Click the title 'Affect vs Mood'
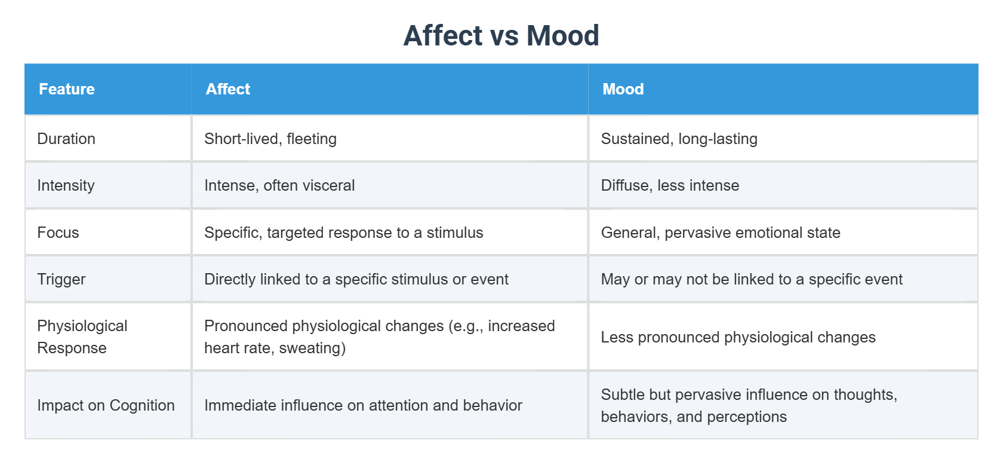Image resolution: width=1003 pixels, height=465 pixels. [x=501, y=35]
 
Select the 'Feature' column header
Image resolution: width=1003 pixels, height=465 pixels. [x=67, y=89]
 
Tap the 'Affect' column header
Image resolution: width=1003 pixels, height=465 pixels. [x=227, y=89]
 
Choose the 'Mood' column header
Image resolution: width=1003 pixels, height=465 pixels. [x=623, y=89]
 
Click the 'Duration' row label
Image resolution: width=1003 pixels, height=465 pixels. [x=66, y=139]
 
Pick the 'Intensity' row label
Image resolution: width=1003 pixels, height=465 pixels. [x=66, y=185]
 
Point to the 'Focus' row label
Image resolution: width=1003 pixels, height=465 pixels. [x=58, y=232]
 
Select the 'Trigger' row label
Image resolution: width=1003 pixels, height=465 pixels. [x=61, y=279]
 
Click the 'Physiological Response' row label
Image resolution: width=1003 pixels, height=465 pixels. [x=82, y=336]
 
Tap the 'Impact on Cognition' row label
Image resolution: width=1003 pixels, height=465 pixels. [x=106, y=405]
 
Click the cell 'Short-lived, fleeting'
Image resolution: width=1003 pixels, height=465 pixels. [x=270, y=139]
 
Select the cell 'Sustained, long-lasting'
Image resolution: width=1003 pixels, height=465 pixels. [x=679, y=139]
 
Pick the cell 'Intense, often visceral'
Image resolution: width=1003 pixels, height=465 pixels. [x=279, y=185]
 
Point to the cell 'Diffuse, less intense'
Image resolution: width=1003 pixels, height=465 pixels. [x=670, y=185]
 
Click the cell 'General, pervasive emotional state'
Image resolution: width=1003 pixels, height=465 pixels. [x=720, y=232]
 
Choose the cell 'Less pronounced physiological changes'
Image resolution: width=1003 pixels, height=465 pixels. [x=738, y=337]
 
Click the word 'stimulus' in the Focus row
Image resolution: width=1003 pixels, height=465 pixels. [x=454, y=232]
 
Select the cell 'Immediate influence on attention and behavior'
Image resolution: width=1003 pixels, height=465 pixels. [x=363, y=405]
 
